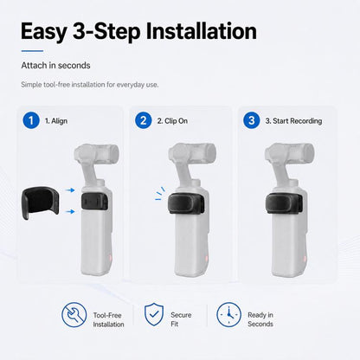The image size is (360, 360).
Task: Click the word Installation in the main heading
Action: pyautogui.click(x=201, y=31)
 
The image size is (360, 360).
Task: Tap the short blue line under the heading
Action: pyautogui.click(x=32, y=51)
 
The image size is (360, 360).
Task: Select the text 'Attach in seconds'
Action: pyautogui.click(x=55, y=66)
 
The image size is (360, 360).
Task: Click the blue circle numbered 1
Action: pyautogui.click(x=31, y=120)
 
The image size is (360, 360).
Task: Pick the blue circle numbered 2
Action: pyautogui.click(x=144, y=120)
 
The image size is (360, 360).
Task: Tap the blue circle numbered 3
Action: pyautogui.click(x=252, y=120)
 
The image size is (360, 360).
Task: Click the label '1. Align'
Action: pyautogui.click(x=56, y=121)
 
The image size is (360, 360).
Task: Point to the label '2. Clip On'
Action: pyautogui.click(x=172, y=121)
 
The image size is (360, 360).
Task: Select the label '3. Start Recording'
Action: pyautogui.click(x=293, y=121)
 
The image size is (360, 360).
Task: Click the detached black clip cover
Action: pyautogui.click(x=41, y=202)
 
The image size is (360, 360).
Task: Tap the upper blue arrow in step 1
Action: pyautogui.click(x=70, y=190)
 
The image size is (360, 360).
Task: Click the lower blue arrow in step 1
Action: pyautogui.click(x=70, y=212)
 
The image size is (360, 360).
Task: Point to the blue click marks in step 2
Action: pyautogui.click(x=160, y=194)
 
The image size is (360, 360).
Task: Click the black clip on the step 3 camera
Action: pyautogui.click(x=284, y=203)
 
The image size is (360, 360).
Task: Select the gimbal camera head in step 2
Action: pyautogui.click(x=192, y=151)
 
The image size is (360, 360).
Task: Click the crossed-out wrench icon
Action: pyautogui.click(x=74, y=315)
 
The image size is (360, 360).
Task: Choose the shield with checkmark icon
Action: pyautogui.click(x=154, y=314)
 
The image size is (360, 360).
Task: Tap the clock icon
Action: pyautogui.click(x=229, y=315)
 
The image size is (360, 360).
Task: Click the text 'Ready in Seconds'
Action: pyautogui.click(x=260, y=319)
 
